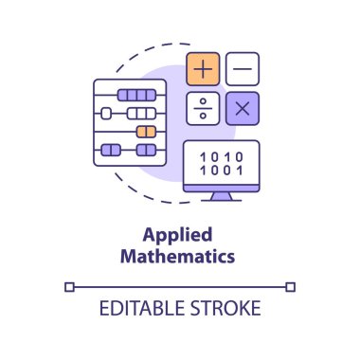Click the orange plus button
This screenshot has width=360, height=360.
pos(204,68)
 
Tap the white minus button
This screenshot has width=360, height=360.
pos(243,68)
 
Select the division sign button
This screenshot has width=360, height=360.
pos(204,108)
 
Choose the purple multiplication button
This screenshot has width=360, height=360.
pos(243,108)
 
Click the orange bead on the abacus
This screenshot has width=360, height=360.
pos(145,132)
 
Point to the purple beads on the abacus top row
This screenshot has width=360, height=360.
pos(136,95)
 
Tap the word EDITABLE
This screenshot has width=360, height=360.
pos(140,310)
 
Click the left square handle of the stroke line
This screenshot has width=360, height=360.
pos(69,285)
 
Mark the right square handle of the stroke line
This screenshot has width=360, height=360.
pos(291,285)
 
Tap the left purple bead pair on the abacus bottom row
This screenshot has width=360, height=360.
pos(112,150)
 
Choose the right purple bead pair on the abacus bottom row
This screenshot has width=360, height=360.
pos(145,150)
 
